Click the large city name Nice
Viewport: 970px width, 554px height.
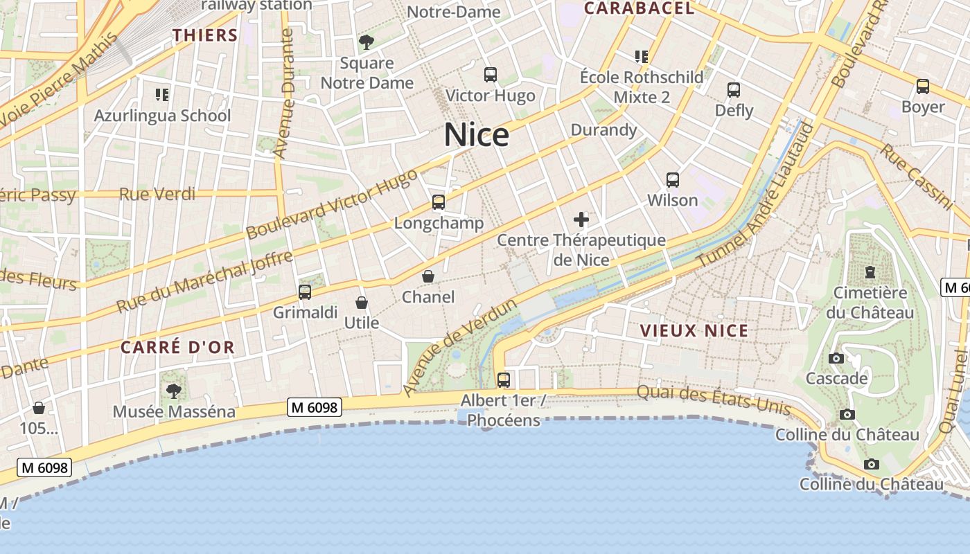pyautogui.click(x=477, y=135)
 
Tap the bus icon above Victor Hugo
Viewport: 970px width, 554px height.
pyautogui.click(x=491, y=75)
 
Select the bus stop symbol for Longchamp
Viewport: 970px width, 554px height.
pyautogui.click(x=439, y=202)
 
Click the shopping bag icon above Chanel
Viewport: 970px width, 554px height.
pyautogui.click(x=429, y=276)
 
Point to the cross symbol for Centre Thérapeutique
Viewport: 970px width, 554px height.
pyautogui.click(x=581, y=220)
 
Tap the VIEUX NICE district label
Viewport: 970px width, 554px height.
pyautogui.click(x=694, y=330)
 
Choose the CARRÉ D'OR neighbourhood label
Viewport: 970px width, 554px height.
pyautogui.click(x=178, y=347)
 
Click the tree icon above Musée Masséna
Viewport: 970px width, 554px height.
pyautogui.click(x=174, y=391)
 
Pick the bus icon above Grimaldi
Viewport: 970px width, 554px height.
pyautogui.click(x=305, y=292)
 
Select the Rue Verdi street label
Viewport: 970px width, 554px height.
pyautogui.click(x=157, y=194)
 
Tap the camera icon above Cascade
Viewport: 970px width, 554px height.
pyautogui.click(x=836, y=358)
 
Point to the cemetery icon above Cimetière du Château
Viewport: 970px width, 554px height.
pyautogui.click(x=870, y=272)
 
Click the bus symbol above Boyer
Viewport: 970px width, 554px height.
pyautogui.click(x=923, y=87)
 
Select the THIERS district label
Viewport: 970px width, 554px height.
pyautogui.click(x=205, y=35)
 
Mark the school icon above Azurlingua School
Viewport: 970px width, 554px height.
pyautogui.click(x=162, y=94)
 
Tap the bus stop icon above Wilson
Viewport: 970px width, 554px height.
pyautogui.click(x=673, y=180)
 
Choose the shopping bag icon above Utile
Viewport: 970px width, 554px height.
pyautogui.click(x=362, y=303)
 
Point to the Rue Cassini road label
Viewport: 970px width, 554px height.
pyautogui.click(x=916, y=176)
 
